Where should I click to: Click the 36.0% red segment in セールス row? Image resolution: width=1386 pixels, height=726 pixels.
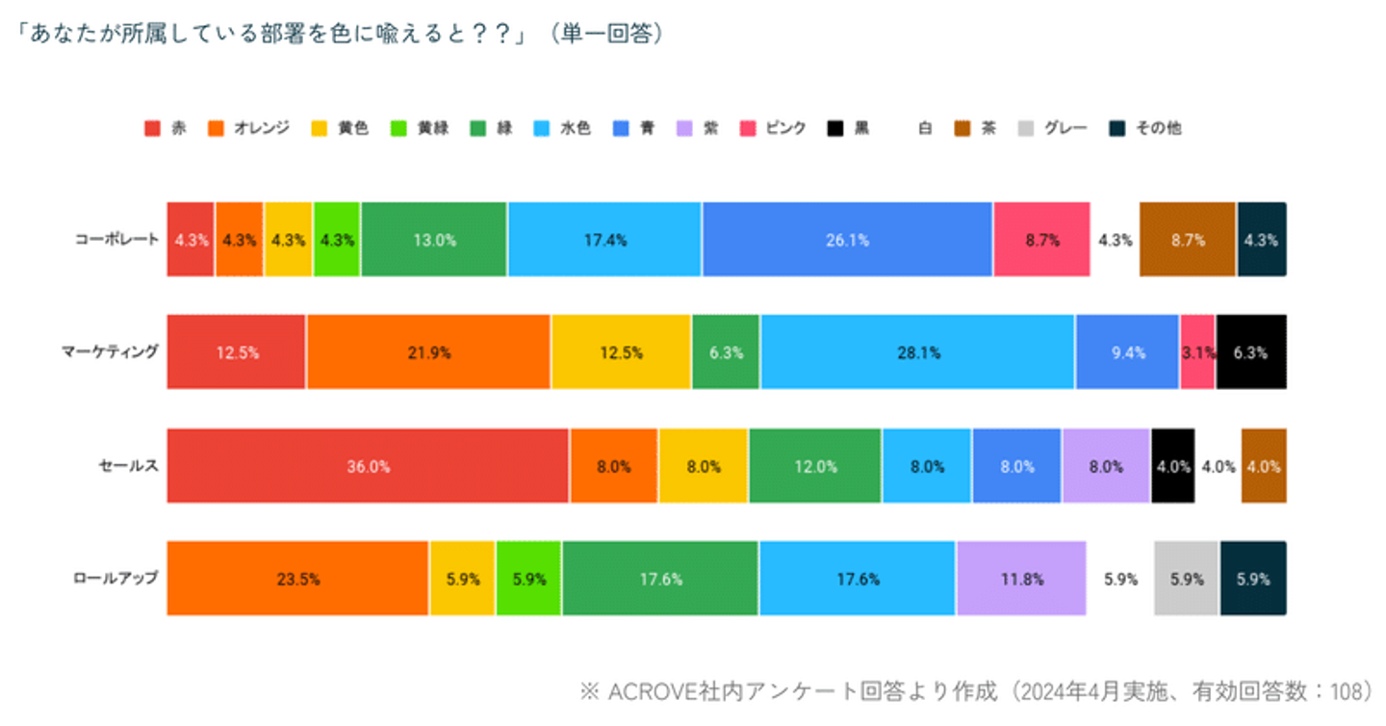pos(368,466)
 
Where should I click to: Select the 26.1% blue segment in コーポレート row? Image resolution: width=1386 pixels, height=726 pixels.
pos(847,240)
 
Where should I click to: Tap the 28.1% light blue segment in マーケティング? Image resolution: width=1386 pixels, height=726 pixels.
pos(917,352)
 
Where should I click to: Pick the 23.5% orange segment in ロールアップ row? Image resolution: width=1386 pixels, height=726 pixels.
pos(297,579)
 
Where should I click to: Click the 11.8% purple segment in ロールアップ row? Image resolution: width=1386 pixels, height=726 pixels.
pos(1021,579)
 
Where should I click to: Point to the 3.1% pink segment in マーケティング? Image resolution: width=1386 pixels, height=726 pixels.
pos(1197,352)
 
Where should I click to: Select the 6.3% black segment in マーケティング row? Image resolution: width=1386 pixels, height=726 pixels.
pos(1250,352)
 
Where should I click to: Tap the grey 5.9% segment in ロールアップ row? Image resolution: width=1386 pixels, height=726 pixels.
pos(1186,579)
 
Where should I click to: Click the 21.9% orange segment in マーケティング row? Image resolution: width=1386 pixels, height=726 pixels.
pos(428,352)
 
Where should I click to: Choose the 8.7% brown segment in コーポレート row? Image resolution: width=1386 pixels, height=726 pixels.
pos(1187,240)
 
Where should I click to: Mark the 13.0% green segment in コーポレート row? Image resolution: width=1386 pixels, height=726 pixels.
pos(434,240)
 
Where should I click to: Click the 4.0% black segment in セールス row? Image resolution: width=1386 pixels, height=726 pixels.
pos(1172,466)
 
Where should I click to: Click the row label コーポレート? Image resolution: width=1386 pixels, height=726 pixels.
pos(116,240)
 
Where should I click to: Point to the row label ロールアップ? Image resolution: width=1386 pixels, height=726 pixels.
pos(115,579)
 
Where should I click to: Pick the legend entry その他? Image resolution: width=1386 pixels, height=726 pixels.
pos(1157,128)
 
